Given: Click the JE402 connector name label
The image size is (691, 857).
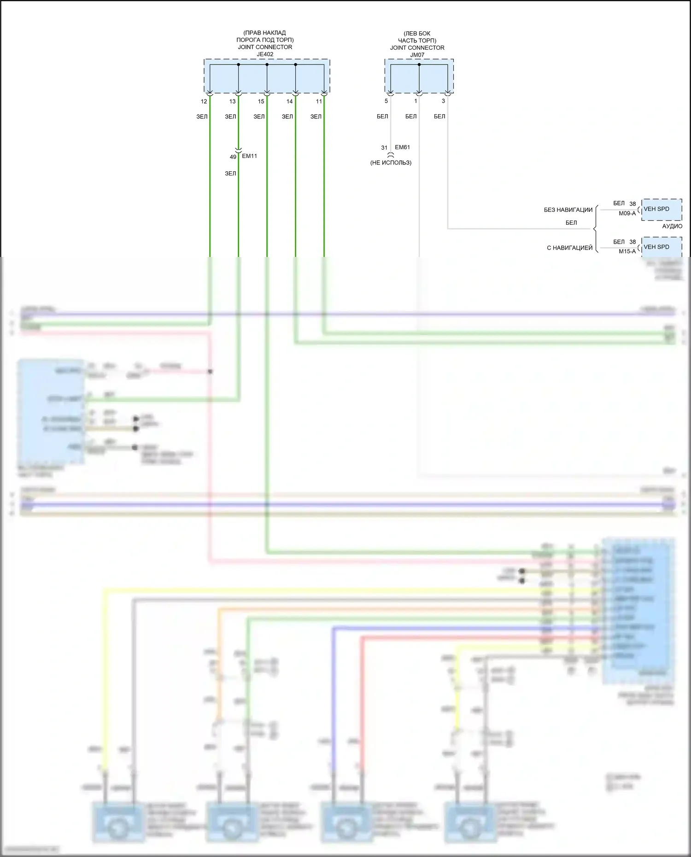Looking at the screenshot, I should point(265,54).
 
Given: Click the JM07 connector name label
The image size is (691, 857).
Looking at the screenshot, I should point(417,55).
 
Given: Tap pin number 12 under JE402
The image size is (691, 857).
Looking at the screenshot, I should point(204,102).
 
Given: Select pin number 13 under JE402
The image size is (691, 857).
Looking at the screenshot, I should point(232,102).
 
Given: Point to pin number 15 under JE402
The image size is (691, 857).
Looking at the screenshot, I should point(261,102).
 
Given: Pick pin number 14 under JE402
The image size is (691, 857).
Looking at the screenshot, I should point(289,102).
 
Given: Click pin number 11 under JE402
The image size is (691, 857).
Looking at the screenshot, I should point(319,102).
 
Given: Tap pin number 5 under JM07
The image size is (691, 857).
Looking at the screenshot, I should point(386,101).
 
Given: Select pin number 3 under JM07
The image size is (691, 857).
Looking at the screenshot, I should point(443,101).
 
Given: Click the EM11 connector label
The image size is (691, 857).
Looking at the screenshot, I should point(249,156).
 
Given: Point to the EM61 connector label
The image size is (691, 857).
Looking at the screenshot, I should point(402,147).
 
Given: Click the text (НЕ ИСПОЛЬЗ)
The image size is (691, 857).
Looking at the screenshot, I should point(391,163).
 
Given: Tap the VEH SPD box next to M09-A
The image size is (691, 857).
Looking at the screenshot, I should point(662,210).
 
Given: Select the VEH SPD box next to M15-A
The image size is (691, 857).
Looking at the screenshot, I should point(662,247).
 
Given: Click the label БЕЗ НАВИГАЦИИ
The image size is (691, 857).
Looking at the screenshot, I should point(568,210).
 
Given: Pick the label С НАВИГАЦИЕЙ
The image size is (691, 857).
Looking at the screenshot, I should point(569,248).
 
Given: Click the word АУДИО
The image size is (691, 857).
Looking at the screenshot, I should point(672,226).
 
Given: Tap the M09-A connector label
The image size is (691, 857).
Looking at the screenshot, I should point(627,213).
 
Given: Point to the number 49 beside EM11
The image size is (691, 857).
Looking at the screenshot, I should point(233,157).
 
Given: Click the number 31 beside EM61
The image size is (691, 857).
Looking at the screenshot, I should point(384,148).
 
